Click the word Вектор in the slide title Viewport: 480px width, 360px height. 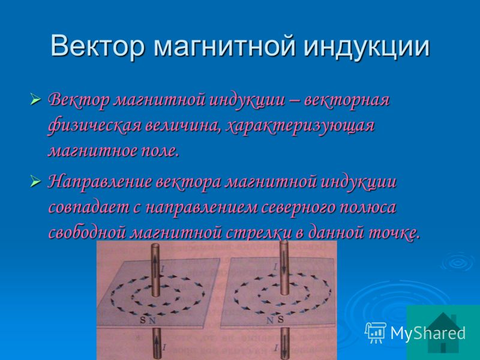[97, 46]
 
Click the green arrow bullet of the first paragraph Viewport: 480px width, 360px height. [36, 100]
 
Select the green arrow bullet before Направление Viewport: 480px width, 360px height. [36, 182]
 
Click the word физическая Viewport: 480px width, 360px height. [94, 126]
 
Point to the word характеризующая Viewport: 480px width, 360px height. [299, 126]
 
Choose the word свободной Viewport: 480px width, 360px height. [87, 233]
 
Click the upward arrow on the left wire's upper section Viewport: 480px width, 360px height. [155, 262]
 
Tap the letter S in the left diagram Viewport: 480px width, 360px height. [143, 320]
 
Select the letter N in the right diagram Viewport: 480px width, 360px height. [269, 320]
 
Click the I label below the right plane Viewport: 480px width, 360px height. [277, 347]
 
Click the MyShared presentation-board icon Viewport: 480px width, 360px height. [376, 332]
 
